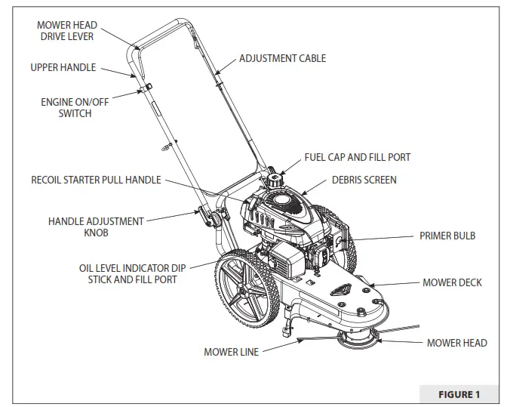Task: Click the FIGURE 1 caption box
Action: [459, 393]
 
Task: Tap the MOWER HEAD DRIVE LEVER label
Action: [67, 31]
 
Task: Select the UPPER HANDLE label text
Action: [63, 67]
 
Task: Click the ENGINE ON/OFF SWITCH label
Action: [65, 107]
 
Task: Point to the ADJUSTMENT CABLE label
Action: [283, 58]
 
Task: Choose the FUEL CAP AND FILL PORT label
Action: [358, 157]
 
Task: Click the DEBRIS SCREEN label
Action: [364, 180]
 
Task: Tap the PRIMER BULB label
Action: [447, 236]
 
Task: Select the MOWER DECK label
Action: [452, 282]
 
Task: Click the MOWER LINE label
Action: [231, 352]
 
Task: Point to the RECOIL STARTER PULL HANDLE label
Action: [96, 180]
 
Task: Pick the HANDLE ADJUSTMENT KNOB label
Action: [96, 227]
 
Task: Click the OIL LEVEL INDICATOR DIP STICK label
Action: [132, 273]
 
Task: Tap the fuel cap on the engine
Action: [272, 180]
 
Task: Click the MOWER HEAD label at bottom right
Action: [456, 343]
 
